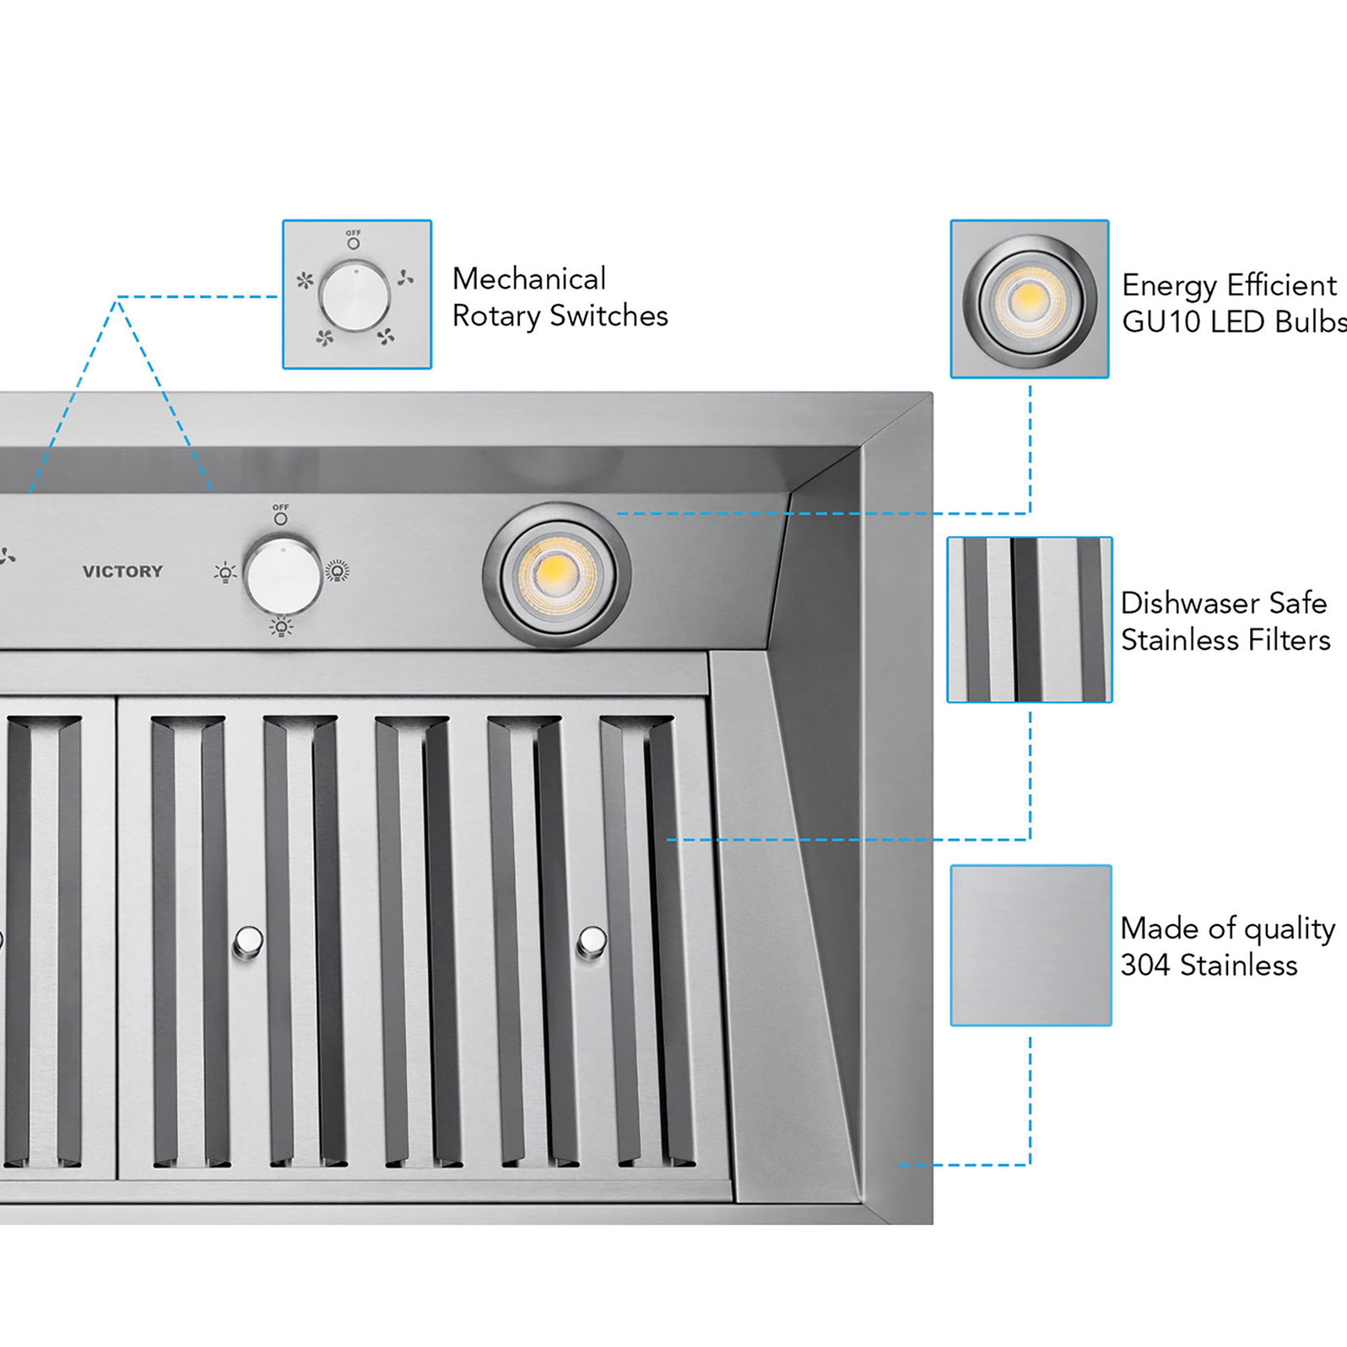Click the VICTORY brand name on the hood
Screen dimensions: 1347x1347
pos(123,572)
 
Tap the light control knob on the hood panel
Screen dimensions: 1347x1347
pos(282,575)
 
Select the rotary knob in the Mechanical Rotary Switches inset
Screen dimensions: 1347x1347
pos(355,296)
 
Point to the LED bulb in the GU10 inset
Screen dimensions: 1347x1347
pos(1029,299)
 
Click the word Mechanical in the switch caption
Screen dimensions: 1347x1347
pos(529,279)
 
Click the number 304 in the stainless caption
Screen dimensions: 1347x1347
pos(1144,966)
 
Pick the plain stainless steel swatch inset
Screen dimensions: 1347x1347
pos(1030,946)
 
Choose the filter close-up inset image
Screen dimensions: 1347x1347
pos(1029,619)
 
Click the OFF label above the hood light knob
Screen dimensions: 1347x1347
pos(280,508)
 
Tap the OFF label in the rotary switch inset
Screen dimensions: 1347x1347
pos(354,233)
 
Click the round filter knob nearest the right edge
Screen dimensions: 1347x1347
pos(592,942)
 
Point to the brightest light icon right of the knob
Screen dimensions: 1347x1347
pos(337,571)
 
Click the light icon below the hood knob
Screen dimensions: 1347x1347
pos(281,628)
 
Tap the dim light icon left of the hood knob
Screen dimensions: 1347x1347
pos(225,573)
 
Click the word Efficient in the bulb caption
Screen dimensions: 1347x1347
pos(1282,285)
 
